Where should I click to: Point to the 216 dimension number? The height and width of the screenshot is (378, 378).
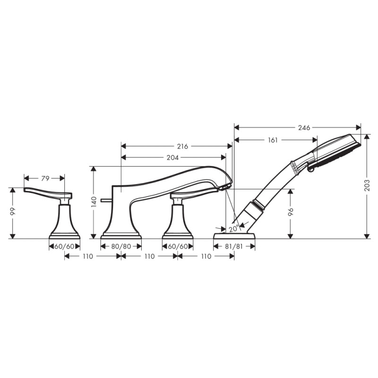(182, 146)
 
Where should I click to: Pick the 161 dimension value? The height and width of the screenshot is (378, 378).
(273, 140)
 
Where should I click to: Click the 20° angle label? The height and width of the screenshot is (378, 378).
(232, 228)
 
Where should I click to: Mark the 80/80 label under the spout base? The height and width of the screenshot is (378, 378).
(121, 246)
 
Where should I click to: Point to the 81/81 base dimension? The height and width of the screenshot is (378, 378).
(234, 246)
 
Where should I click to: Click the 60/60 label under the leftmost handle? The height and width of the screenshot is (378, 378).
(65, 246)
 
